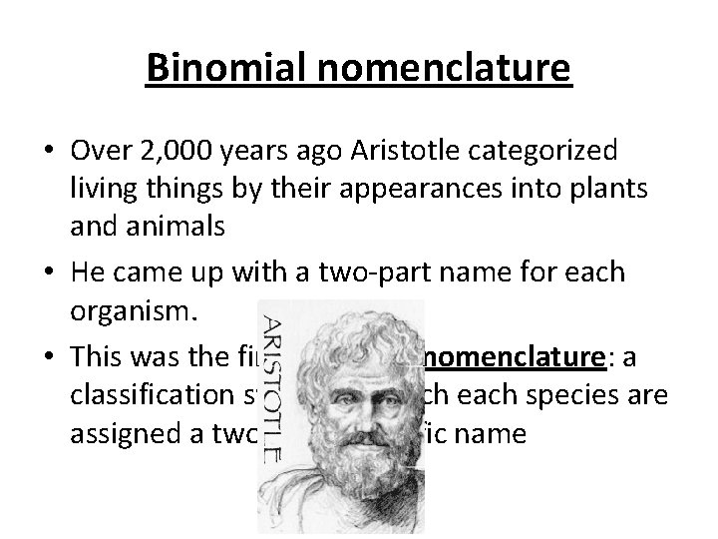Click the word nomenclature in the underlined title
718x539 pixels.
[x=436, y=69]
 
